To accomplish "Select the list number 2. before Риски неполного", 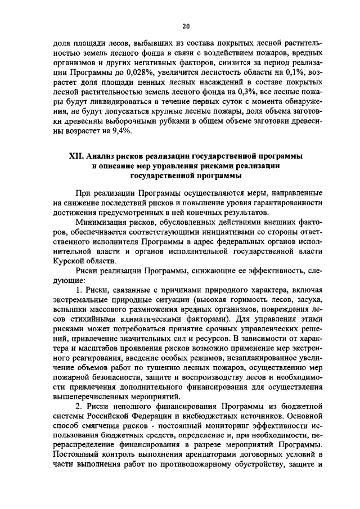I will click(x=79, y=411).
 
